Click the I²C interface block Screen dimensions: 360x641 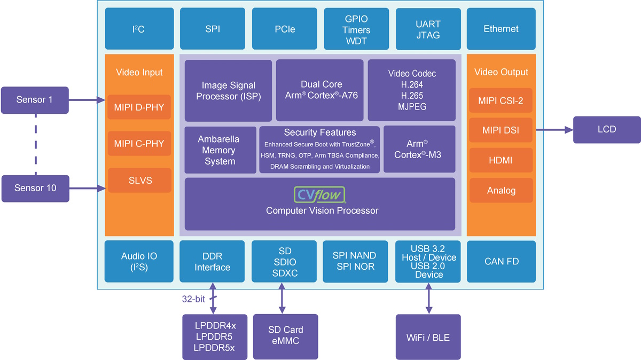coord(138,29)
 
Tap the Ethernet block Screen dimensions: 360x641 coord(501,29)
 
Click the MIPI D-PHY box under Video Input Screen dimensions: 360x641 coord(139,108)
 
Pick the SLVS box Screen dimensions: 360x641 coord(139,181)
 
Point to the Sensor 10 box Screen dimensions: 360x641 coord(35,188)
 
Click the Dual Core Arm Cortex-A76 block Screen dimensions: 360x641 coord(321,90)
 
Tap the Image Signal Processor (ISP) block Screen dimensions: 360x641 coord(228,91)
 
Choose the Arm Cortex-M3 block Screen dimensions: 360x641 coord(419,149)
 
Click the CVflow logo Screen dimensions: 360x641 coord(320,194)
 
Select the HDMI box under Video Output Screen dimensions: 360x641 coord(501,160)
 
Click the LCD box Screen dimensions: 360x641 coord(607,129)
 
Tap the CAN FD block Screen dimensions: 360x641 coord(501,262)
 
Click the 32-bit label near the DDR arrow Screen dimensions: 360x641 coord(193,299)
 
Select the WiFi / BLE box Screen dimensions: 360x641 coord(428,337)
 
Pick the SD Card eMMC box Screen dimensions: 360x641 coord(285,336)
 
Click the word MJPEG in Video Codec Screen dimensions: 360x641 coord(411,107)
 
